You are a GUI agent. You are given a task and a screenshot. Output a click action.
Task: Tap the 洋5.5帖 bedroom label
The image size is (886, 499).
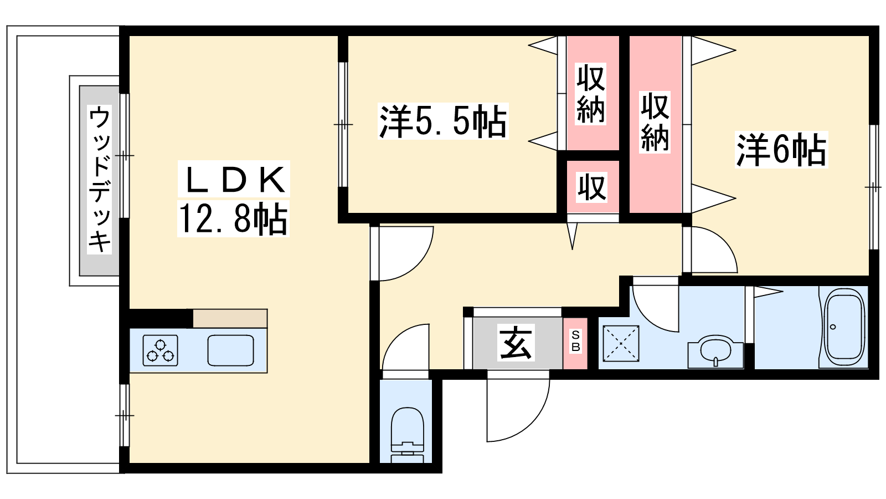[442, 121]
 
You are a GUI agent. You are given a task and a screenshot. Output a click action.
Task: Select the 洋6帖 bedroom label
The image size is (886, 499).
[781, 150]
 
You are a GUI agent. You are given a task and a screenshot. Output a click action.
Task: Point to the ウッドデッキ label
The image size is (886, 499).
[100, 179]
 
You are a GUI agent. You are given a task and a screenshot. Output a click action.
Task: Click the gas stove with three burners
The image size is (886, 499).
[161, 350]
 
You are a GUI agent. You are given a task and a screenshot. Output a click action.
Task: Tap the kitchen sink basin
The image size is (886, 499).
[231, 350]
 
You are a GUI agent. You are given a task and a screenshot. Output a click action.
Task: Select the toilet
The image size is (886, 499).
[407, 435]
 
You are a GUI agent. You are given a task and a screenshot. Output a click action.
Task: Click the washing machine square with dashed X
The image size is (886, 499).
[621, 344]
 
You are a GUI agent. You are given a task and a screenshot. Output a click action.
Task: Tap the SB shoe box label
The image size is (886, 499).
[575, 342]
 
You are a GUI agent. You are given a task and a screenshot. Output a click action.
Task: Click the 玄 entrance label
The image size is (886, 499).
[516, 343]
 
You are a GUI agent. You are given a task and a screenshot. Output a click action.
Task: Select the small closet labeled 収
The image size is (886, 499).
[592, 187]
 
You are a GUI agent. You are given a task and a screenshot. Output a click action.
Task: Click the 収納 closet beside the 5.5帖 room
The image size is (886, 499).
[591, 93]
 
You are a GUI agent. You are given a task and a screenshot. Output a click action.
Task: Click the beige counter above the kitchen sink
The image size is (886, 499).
[230, 318]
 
